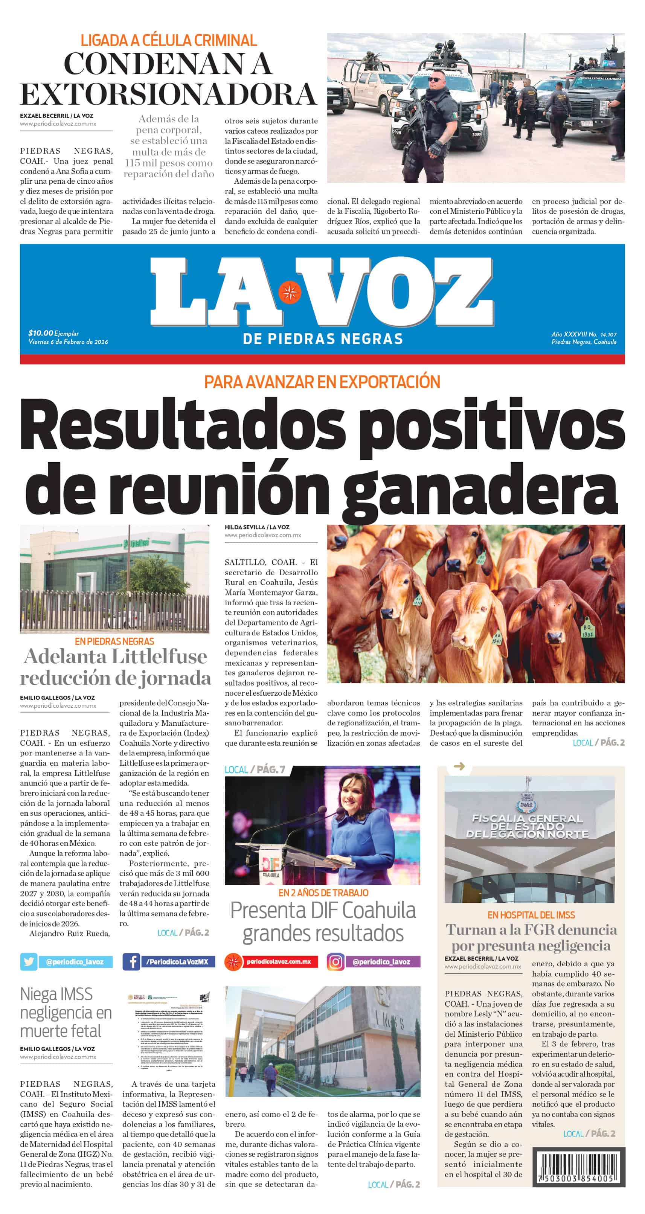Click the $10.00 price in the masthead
tap(41, 333)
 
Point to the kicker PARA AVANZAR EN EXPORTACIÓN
tap(322, 381)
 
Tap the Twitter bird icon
tap(29, 961)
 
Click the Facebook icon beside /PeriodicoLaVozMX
tap(131, 961)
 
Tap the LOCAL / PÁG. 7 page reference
tap(255, 769)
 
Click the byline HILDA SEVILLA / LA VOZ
tap(257, 527)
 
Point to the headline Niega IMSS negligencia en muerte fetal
tap(66, 1012)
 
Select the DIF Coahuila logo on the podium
tap(270, 866)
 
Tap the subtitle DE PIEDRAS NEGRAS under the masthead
tap(322, 339)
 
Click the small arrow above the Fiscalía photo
tap(459, 767)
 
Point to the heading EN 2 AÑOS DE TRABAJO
tap(323, 893)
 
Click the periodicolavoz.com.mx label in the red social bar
tap(279, 961)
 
